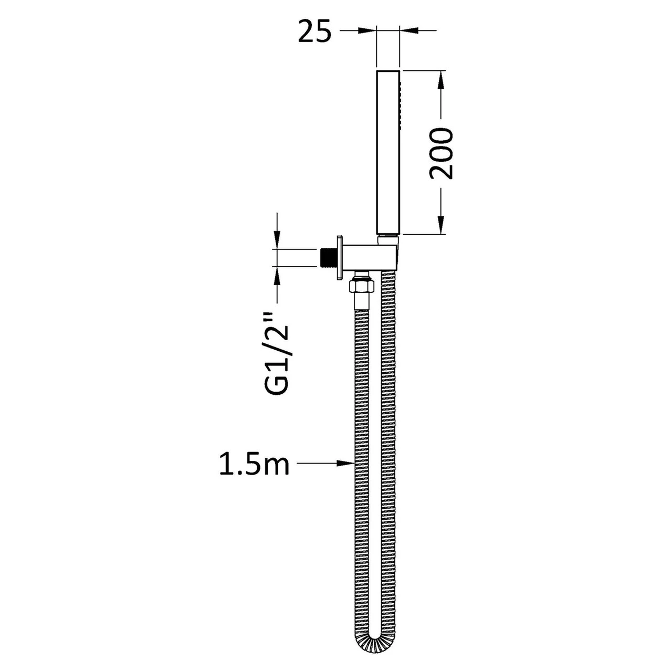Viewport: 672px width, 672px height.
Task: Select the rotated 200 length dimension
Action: [441, 153]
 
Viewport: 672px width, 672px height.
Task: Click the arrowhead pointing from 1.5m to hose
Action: [345, 463]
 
